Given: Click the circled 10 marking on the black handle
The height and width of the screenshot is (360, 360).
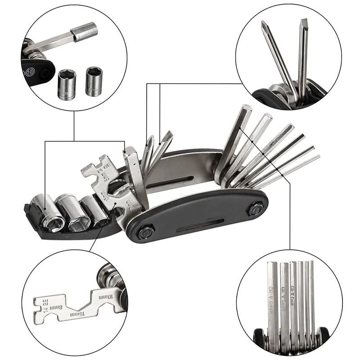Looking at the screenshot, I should tap(30, 71).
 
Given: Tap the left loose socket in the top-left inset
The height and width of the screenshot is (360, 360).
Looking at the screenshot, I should tap(67, 84).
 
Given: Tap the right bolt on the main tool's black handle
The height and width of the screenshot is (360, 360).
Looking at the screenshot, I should tap(256, 210).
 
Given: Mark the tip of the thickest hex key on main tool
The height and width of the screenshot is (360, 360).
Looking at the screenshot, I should tap(246, 109).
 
